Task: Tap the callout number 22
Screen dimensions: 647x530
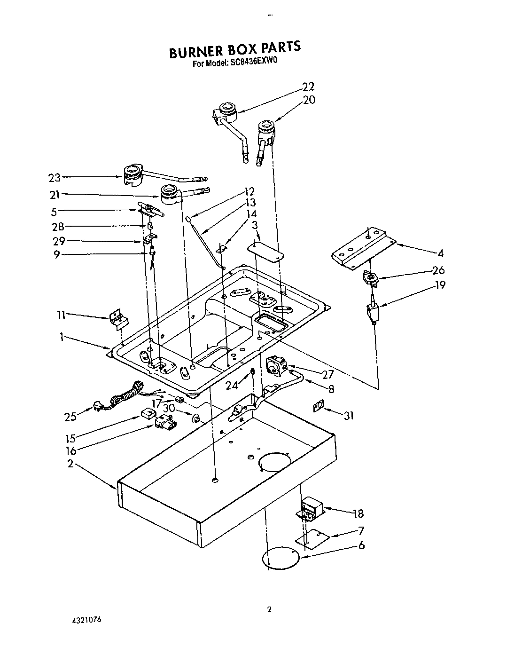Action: (x=308, y=87)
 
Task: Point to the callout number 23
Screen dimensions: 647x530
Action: (x=55, y=178)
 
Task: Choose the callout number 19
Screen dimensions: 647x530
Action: (x=440, y=285)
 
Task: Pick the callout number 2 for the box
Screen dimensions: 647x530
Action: (x=70, y=464)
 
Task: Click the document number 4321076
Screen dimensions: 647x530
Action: (x=86, y=620)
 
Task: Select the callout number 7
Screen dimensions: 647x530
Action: (x=361, y=531)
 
